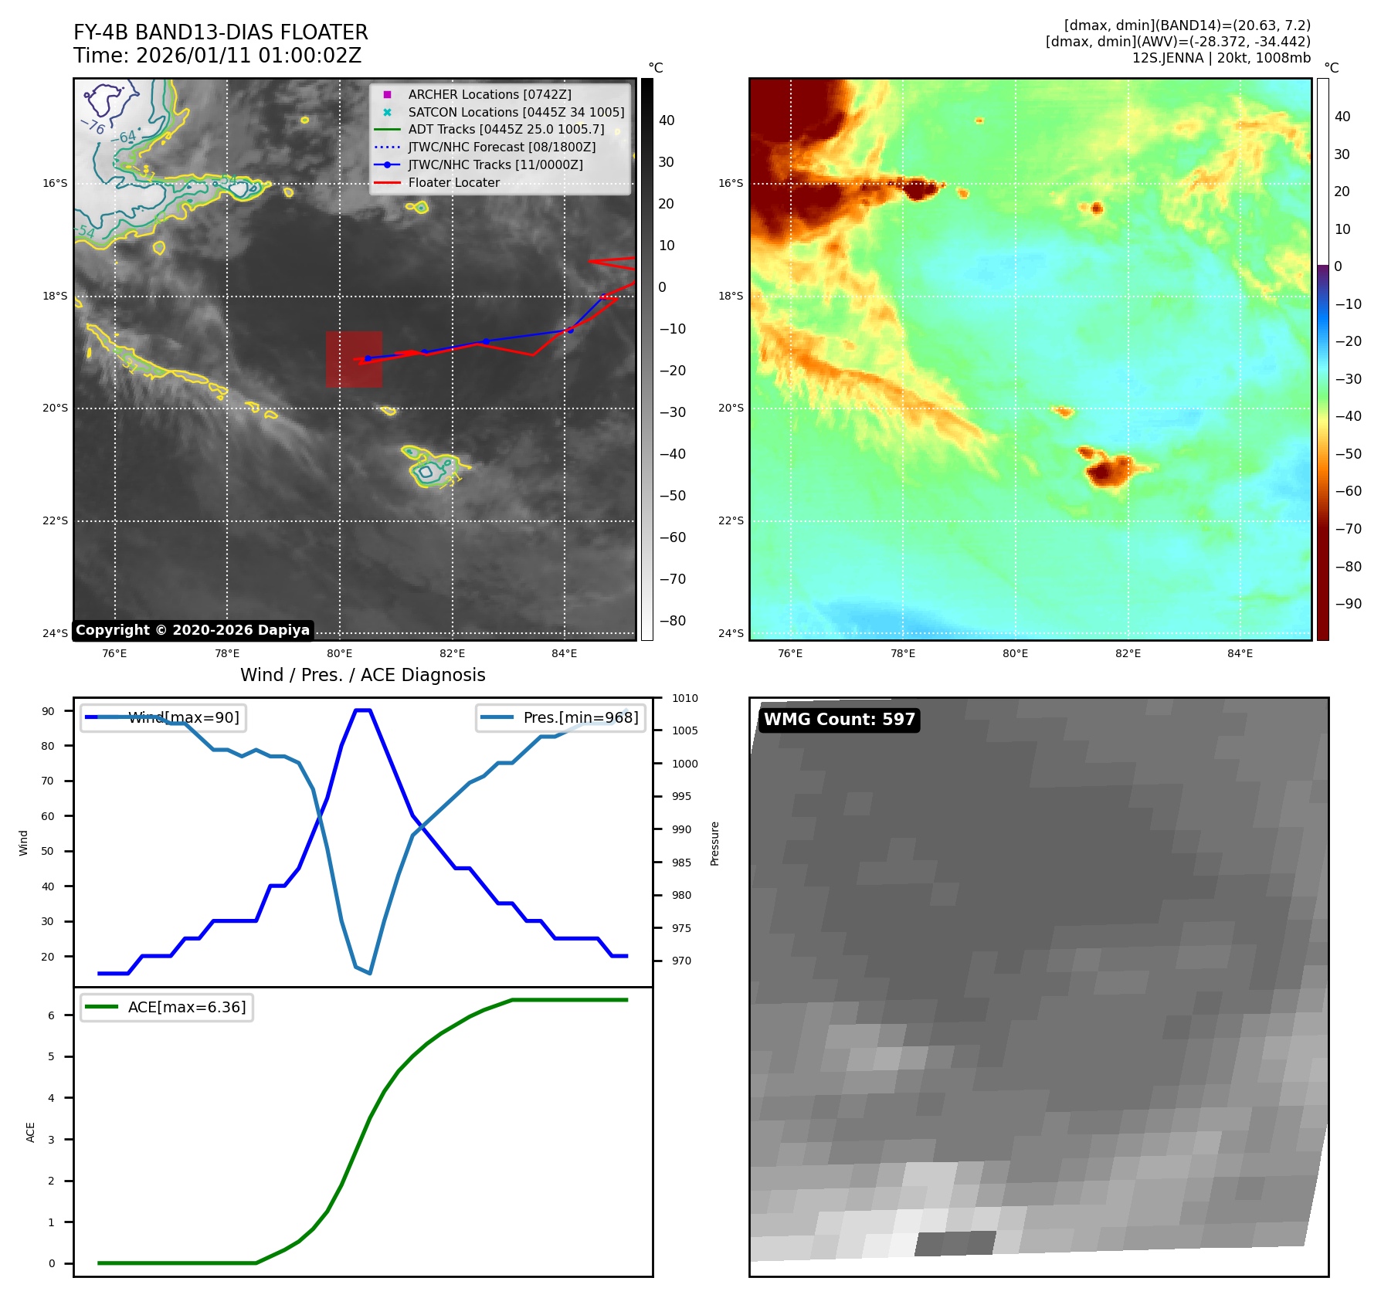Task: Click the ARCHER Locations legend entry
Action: (490, 94)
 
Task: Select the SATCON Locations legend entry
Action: (516, 112)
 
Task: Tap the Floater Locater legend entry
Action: (453, 183)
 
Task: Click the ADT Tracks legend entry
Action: (506, 130)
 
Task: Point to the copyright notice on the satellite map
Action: (192, 630)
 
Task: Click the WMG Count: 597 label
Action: (839, 720)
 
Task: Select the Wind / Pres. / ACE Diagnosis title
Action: (362, 675)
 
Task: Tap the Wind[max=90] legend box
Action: (162, 717)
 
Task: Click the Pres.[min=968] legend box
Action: (561, 717)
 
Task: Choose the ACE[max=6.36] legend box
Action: (167, 1007)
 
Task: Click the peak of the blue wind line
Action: (362, 710)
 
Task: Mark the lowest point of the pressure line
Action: (370, 973)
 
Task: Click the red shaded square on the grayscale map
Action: (354, 359)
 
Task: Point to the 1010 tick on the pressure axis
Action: (684, 698)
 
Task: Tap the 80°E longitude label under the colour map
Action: (1015, 653)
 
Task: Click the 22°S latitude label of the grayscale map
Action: (55, 520)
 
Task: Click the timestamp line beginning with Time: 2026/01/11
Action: (217, 56)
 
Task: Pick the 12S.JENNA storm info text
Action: (1221, 58)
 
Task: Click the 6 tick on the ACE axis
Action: (52, 1015)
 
